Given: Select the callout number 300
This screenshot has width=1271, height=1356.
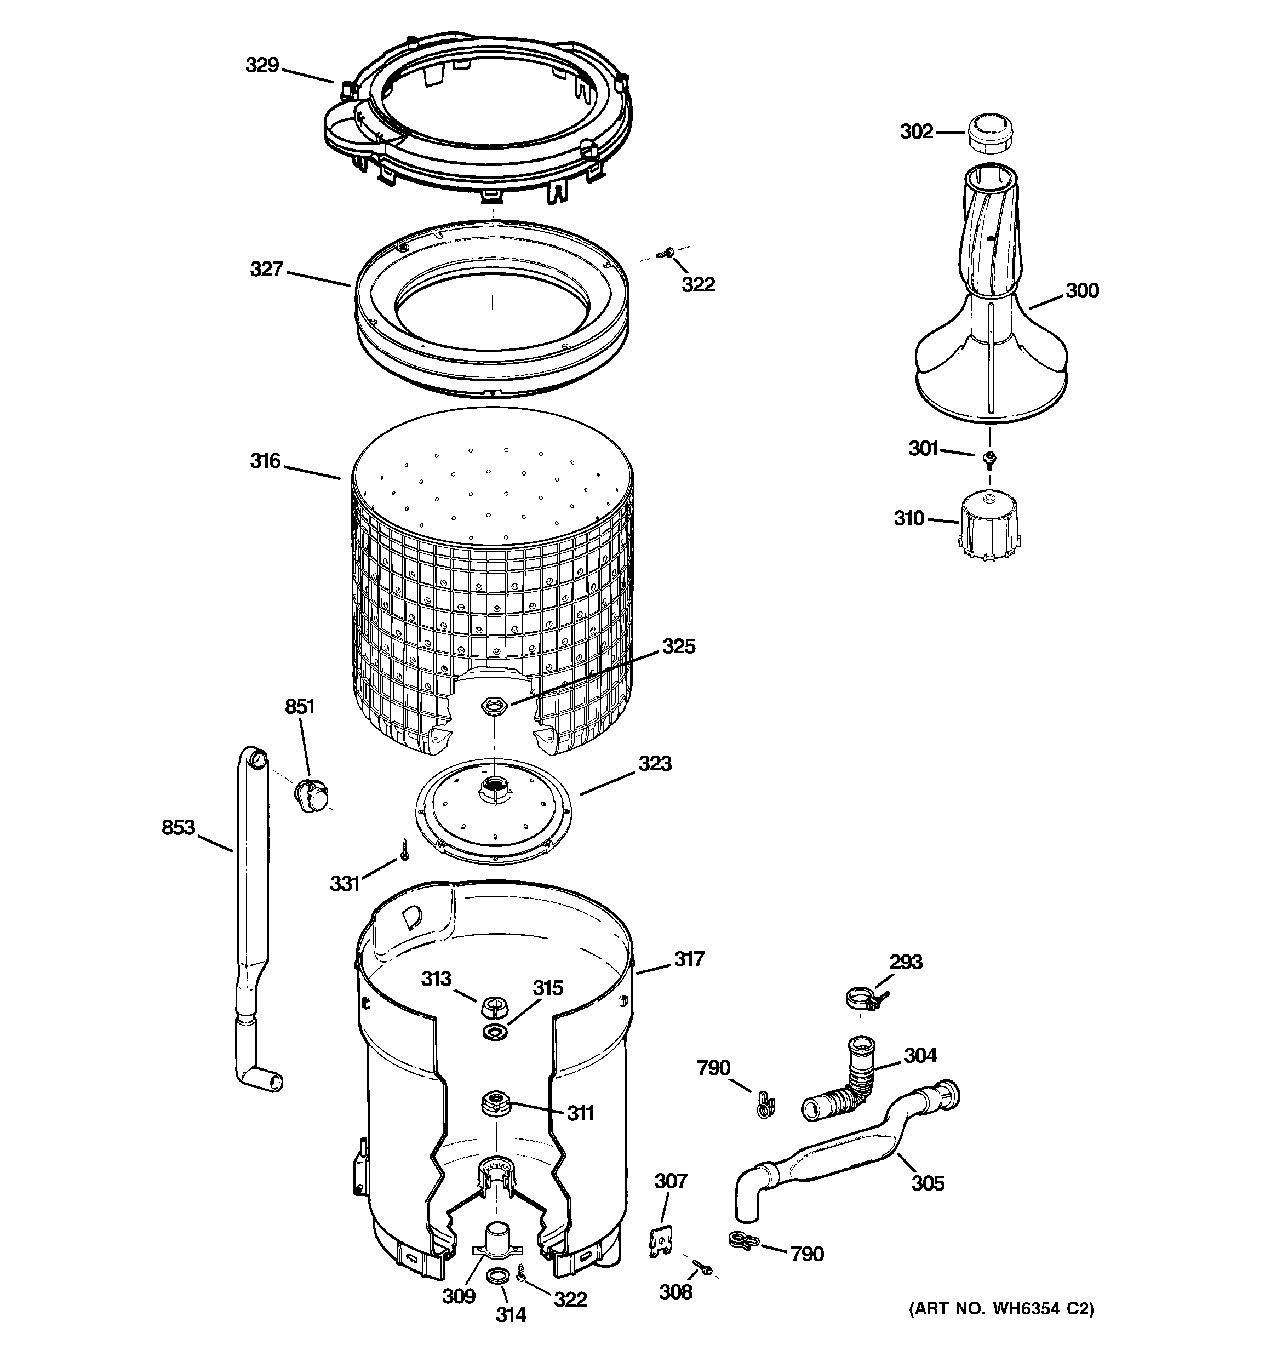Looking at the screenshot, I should [1082, 291].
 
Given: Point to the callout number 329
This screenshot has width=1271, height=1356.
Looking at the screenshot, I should [262, 66].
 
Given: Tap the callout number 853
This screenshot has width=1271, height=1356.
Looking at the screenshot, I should [178, 827].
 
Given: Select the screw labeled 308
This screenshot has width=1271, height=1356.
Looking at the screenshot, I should [702, 1267].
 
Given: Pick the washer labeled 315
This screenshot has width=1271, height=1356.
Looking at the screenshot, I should [494, 1032].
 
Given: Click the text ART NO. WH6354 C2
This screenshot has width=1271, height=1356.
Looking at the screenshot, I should [1001, 1308].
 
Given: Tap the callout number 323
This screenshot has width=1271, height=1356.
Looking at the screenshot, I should [654, 763].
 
